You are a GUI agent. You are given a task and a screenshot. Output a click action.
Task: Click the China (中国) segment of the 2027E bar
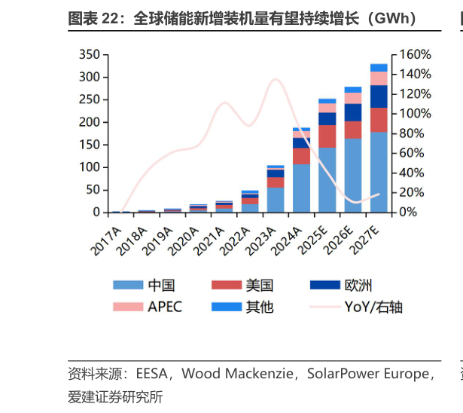(x=379, y=173)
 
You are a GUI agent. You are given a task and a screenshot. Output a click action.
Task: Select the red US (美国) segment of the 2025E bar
(x=327, y=136)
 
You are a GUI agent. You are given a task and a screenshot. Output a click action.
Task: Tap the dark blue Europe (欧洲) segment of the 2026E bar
(x=353, y=112)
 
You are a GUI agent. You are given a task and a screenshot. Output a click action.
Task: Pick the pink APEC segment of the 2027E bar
(x=379, y=78)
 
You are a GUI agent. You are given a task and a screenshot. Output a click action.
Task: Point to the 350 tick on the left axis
(x=89, y=55)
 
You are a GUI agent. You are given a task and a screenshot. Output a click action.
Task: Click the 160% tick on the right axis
(x=416, y=55)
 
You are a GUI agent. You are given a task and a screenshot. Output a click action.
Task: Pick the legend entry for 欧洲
(x=358, y=285)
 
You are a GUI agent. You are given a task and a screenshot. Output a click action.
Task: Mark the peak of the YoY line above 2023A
(x=275, y=79)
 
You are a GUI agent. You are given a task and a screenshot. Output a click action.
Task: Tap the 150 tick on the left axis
(x=89, y=145)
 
